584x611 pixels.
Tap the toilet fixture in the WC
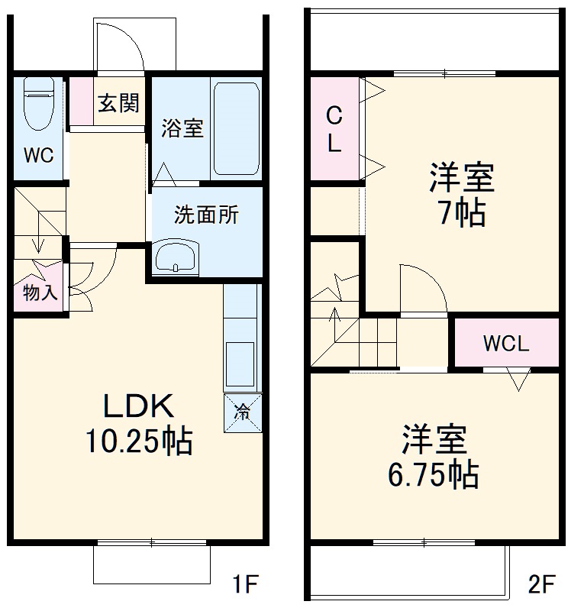(x=37, y=107)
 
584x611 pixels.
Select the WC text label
(x=37, y=156)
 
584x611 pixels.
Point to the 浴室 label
(x=182, y=128)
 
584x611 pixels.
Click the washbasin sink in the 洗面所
(x=176, y=257)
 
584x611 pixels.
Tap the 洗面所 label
(x=206, y=215)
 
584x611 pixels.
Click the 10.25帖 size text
(x=139, y=441)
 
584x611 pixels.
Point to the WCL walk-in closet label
(x=505, y=344)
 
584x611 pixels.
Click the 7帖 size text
(x=461, y=215)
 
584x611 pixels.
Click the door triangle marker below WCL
(x=518, y=378)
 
